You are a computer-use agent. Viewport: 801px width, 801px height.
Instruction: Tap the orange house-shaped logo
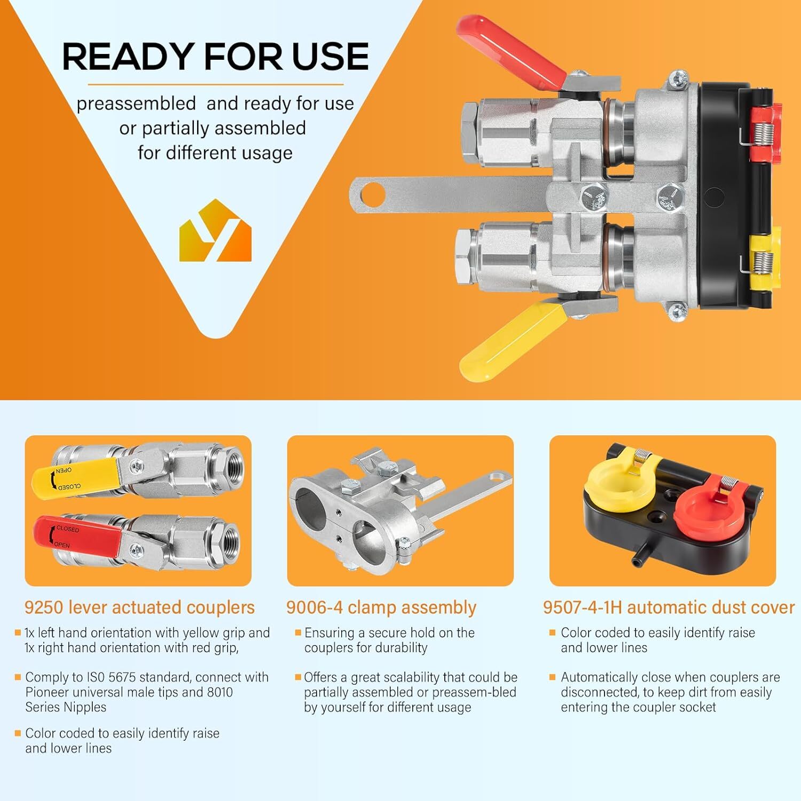(x=215, y=231)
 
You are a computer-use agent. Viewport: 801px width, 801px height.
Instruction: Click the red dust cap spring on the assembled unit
(x=762, y=131)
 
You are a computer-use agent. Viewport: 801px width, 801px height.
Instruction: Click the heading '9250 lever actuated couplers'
(x=139, y=607)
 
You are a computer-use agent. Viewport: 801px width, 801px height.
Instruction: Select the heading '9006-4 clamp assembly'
(x=381, y=607)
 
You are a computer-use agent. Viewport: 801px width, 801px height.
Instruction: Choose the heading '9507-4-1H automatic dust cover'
(x=669, y=607)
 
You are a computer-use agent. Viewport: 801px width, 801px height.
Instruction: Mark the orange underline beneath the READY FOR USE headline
(x=215, y=84)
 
